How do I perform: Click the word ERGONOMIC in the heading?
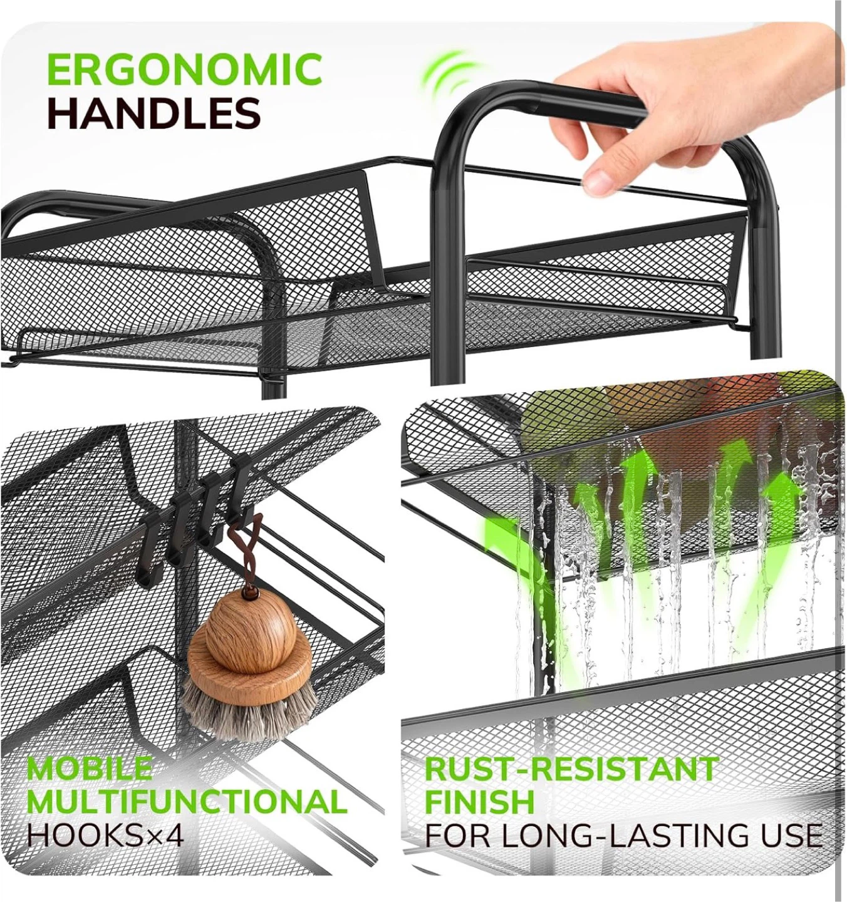click(184, 70)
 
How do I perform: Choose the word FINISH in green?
click(480, 801)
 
